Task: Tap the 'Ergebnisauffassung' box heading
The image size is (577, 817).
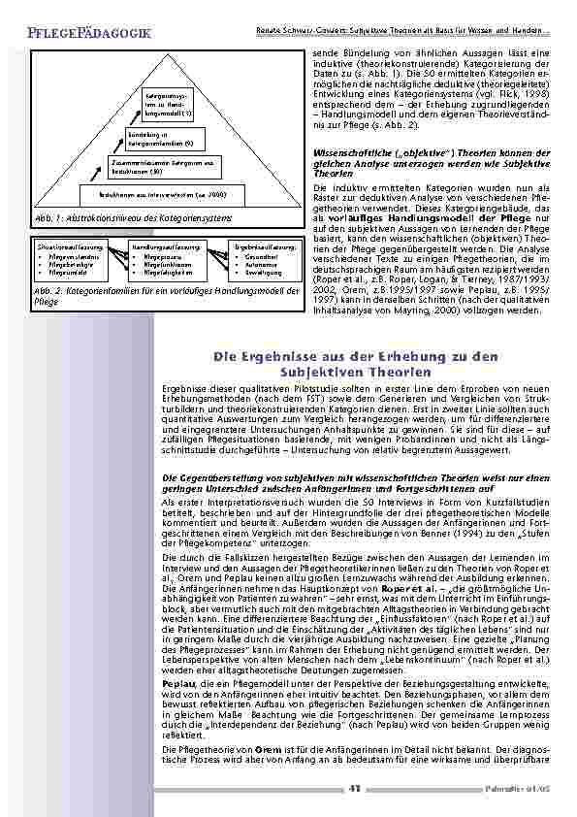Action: [264, 248]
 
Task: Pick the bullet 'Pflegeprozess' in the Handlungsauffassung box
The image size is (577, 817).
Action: [166, 257]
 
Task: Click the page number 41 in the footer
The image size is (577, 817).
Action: [355, 789]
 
